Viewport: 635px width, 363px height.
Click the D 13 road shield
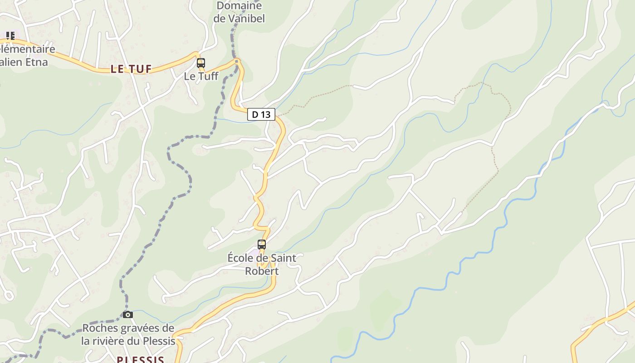(x=261, y=114)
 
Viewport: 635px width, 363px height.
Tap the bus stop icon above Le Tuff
(x=201, y=63)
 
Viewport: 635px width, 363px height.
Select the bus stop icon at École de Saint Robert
(x=262, y=245)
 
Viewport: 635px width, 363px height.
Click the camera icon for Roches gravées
(x=128, y=314)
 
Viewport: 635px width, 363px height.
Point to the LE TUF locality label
(x=131, y=69)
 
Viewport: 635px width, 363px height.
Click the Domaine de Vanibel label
(x=239, y=12)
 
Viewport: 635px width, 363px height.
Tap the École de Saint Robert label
(x=262, y=264)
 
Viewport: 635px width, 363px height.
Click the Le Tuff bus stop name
(x=201, y=76)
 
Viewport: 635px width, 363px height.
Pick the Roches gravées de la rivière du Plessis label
(x=128, y=334)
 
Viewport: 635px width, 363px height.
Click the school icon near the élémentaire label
(x=10, y=35)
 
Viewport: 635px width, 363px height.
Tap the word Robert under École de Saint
(x=262, y=271)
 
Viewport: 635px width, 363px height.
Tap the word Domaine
(x=239, y=6)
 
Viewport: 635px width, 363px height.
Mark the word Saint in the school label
(x=283, y=258)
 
